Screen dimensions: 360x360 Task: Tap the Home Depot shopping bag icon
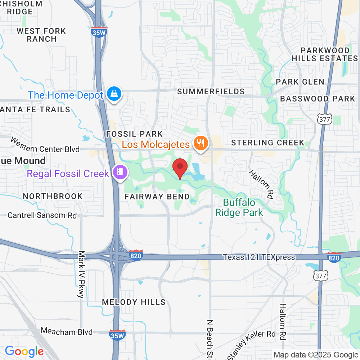[x=114, y=94]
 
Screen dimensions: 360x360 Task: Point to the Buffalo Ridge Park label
[x=239, y=207]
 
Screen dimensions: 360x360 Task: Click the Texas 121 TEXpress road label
[x=259, y=257]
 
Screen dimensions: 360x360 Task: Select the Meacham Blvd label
[x=67, y=331]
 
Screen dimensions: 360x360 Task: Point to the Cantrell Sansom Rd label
[x=42, y=215]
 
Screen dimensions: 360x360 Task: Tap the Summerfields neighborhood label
[x=211, y=91]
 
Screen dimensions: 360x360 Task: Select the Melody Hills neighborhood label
[x=134, y=302]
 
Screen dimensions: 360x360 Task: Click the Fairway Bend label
[x=157, y=197]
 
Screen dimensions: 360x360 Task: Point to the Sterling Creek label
[x=268, y=143]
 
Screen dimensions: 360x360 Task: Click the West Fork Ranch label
[x=41, y=35]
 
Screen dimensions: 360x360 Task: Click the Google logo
[x=24, y=351]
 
